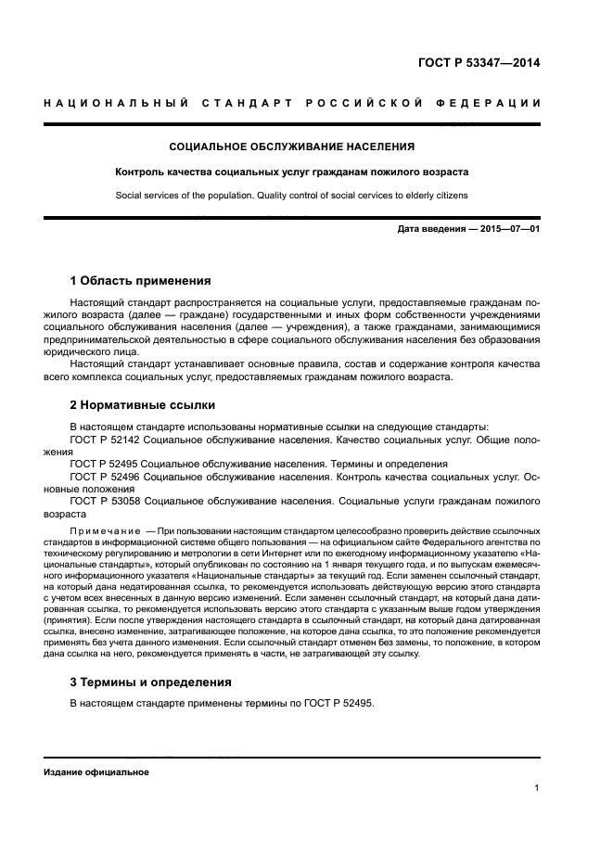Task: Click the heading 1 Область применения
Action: (x=141, y=280)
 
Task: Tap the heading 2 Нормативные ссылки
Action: (x=143, y=404)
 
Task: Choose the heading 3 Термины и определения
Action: (x=151, y=682)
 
